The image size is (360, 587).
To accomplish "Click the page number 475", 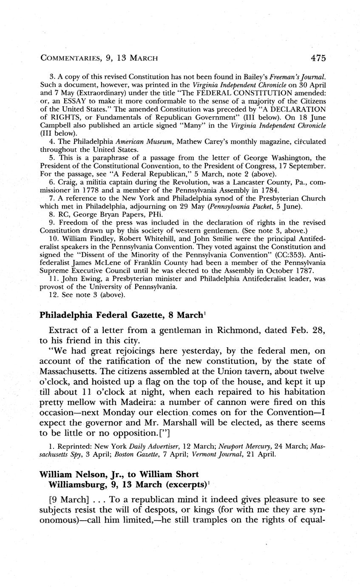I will pyautogui.click(x=318, y=58).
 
